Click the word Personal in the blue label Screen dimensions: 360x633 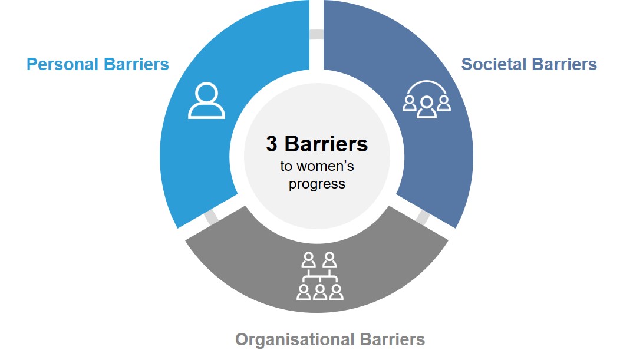(x=61, y=64)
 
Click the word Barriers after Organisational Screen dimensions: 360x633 (x=391, y=339)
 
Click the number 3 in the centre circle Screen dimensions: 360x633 (x=271, y=144)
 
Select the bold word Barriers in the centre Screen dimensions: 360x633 (x=325, y=144)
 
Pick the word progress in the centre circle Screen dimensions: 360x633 (x=317, y=184)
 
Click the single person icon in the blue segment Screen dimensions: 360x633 (x=206, y=101)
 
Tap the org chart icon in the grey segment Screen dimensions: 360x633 (x=319, y=276)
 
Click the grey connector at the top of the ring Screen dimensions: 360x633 (x=316, y=34)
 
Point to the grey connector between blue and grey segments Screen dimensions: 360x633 (x=211, y=216)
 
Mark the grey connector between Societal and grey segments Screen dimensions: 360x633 (x=422, y=217)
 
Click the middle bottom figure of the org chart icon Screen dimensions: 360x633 (x=320, y=291)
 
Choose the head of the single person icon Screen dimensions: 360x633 (x=206, y=93)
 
